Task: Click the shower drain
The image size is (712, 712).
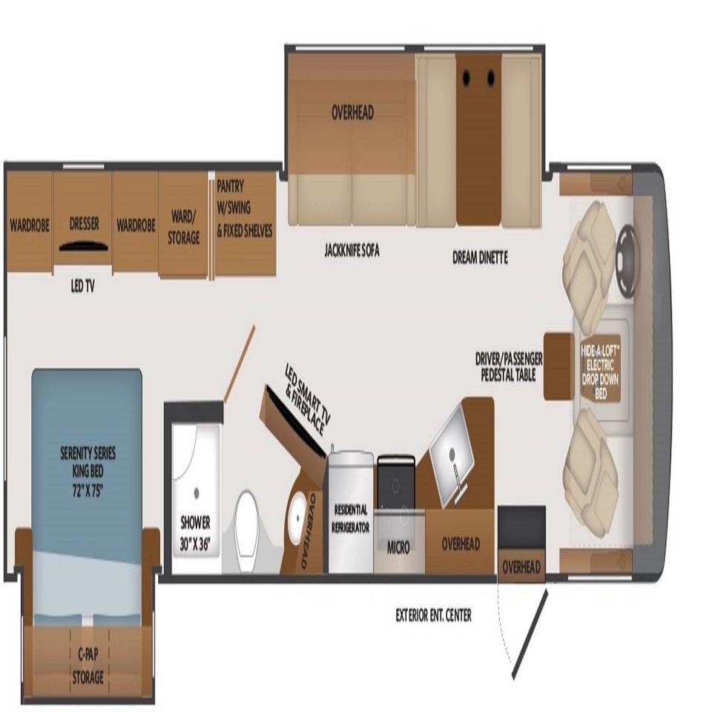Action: click(x=196, y=492)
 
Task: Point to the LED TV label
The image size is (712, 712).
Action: click(x=82, y=286)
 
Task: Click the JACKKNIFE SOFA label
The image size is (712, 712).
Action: click(x=352, y=251)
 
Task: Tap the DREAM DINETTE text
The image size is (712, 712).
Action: click(x=480, y=257)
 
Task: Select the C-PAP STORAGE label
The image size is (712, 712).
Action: click(x=88, y=666)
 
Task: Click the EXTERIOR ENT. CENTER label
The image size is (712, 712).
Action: click(x=434, y=616)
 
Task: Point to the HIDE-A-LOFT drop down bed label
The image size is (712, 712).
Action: click(x=600, y=372)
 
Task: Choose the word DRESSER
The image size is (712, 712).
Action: click(x=85, y=223)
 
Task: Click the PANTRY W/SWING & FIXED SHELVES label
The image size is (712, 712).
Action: click(x=244, y=208)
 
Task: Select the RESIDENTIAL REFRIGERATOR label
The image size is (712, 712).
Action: click(x=351, y=518)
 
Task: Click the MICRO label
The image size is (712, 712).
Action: click(x=398, y=547)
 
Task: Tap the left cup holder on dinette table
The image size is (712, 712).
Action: click(x=467, y=78)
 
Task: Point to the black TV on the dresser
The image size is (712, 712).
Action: click(x=84, y=245)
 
